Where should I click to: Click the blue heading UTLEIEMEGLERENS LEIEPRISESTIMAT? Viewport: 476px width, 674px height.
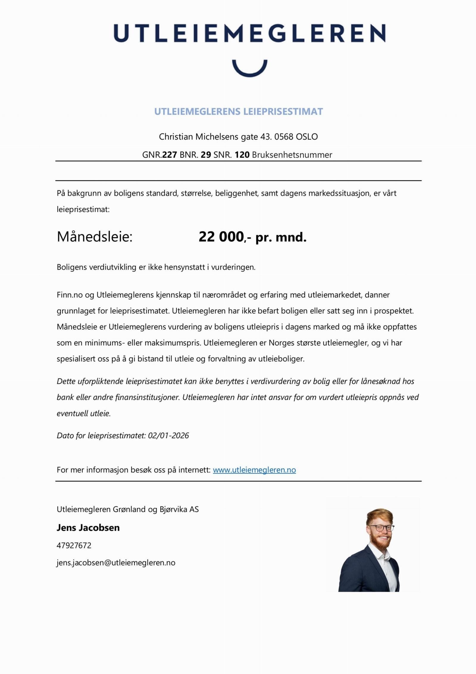click(x=238, y=112)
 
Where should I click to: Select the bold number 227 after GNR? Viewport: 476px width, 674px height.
click(x=170, y=155)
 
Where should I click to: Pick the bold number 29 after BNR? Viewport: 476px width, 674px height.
click(x=206, y=155)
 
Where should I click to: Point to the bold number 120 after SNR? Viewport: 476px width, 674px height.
click(x=242, y=155)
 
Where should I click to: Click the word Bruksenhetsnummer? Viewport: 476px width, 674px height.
click(x=292, y=155)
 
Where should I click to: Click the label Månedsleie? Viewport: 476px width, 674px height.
click(x=94, y=237)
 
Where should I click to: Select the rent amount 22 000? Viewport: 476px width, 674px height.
click(x=221, y=237)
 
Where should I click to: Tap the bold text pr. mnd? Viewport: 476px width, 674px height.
click(x=281, y=237)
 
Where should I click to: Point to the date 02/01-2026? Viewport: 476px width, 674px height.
click(x=168, y=435)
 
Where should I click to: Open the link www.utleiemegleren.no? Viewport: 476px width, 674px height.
click(x=254, y=470)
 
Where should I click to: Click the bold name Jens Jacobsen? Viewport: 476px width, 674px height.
click(x=88, y=527)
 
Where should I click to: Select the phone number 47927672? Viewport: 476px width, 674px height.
click(x=74, y=545)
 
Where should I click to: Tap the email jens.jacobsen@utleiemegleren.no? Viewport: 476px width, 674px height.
click(x=116, y=563)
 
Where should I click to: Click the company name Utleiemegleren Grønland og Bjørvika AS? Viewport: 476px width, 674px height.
click(x=128, y=509)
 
